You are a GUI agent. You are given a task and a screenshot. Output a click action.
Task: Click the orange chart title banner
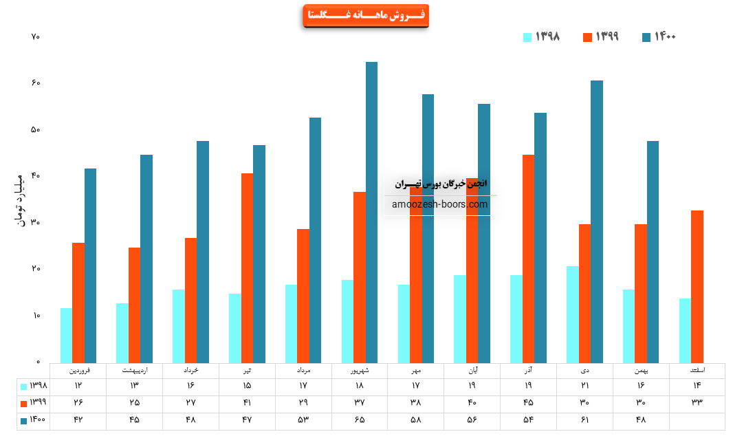365,16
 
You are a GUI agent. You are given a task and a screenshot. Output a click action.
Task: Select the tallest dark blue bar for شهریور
371,213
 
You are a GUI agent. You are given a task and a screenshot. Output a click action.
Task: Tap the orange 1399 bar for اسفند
697,287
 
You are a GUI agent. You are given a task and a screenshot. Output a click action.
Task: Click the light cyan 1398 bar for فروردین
66,336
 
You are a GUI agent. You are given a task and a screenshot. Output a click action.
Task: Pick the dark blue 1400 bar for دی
597,221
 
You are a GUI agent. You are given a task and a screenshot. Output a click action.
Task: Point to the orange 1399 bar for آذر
528,259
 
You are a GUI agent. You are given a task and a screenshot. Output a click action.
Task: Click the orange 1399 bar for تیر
247,268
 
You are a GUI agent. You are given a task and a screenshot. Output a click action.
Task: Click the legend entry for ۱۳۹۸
541,37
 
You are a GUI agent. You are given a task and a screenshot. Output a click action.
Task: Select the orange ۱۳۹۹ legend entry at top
600,37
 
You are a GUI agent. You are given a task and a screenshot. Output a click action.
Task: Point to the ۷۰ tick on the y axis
36,36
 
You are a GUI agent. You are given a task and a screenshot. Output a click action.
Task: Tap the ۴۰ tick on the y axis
36,176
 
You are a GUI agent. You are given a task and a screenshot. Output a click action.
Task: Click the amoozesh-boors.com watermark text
440,204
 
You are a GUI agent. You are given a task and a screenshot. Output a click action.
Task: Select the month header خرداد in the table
190,371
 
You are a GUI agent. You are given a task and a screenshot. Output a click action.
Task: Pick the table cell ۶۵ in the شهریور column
360,420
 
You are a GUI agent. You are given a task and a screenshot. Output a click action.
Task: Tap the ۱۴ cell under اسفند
697,387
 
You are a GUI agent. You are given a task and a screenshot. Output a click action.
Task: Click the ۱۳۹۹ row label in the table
33,403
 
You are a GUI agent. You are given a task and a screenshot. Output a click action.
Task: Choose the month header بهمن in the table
641,371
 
